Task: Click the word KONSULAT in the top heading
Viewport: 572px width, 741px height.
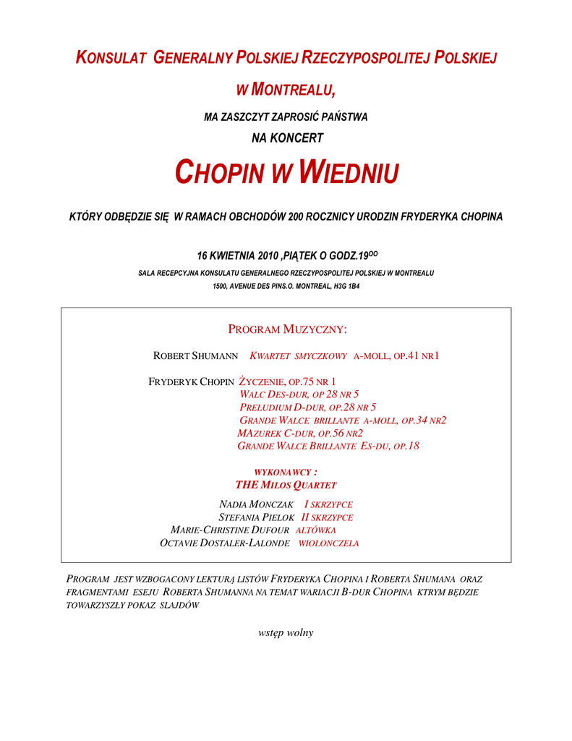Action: (112, 59)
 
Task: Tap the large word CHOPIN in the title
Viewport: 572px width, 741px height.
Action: (220, 173)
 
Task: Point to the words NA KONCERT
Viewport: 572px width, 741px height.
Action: (286, 137)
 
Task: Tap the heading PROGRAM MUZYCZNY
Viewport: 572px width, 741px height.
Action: (287, 330)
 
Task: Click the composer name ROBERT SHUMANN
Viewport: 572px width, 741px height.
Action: (196, 355)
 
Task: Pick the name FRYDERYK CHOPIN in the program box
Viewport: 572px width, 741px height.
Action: (191, 381)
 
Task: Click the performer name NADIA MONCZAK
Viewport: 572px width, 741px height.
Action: (256, 504)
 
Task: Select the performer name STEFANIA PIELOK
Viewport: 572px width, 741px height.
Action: (256, 517)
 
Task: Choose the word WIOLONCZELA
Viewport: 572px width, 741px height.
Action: (328, 543)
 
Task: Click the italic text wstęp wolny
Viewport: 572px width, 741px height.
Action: (286, 632)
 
